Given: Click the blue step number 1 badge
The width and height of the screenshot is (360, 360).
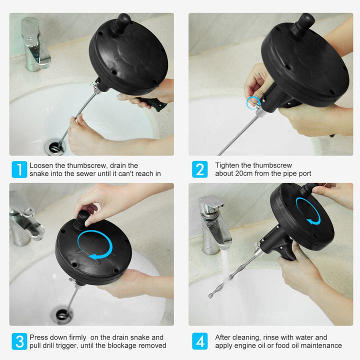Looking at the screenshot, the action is pos(19,169).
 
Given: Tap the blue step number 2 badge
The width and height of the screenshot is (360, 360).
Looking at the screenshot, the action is pos(199,169).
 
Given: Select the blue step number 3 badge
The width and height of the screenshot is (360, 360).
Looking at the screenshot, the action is pos(19,341).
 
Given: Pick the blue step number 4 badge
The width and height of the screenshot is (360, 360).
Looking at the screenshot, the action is pos(199,341).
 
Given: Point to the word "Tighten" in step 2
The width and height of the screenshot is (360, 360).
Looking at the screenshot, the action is pos(227,165).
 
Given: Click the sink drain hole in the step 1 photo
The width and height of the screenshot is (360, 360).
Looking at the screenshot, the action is pos(54,146).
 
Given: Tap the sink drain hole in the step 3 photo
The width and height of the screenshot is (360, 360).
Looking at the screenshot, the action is pos(62,314).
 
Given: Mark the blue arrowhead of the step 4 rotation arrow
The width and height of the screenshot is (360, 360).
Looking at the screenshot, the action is pos(310,221).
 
